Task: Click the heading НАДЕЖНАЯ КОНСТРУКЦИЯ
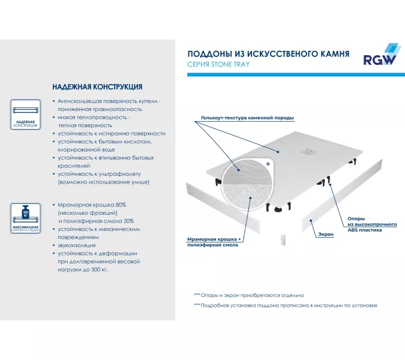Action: tap(97, 87)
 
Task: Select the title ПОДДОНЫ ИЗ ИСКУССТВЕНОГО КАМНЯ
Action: tap(268, 53)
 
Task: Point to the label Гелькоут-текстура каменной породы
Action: tap(247, 118)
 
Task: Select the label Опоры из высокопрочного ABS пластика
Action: tap(372, 224)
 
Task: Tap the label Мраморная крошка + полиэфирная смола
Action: tap(214, 242)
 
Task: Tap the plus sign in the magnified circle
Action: tap(268, 163)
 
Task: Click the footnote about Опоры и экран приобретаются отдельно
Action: tap(248, 295)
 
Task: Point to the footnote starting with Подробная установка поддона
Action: tap(285, 305)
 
